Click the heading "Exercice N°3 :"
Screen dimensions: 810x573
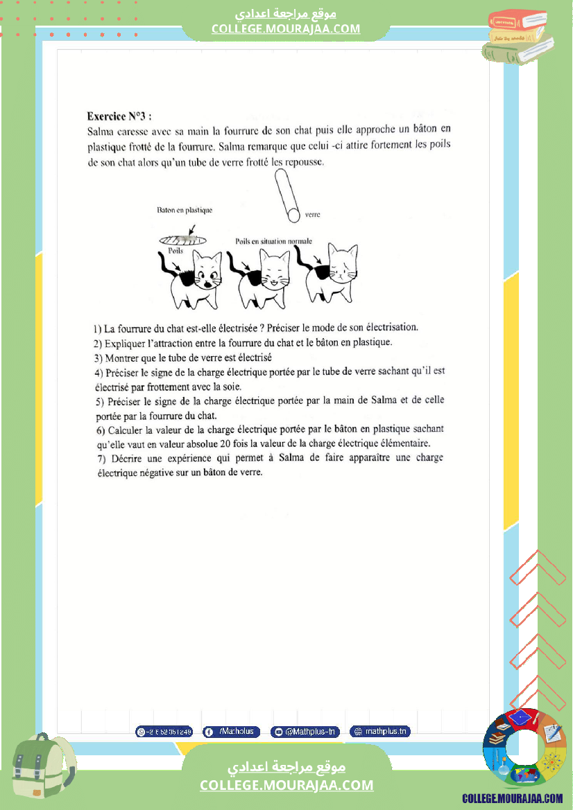click(119, 116)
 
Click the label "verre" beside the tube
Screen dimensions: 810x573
click(312, 215)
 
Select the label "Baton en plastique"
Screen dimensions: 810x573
click(184, 210)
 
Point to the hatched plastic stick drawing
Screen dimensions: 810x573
click(182, 239)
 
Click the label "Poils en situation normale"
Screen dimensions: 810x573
click(273, 241)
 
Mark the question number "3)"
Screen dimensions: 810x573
click(98, 358)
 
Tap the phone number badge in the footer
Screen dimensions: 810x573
click(164, 732)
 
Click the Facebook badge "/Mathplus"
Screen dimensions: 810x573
click(232, 732)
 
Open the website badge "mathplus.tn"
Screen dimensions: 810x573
click(379, 732)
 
